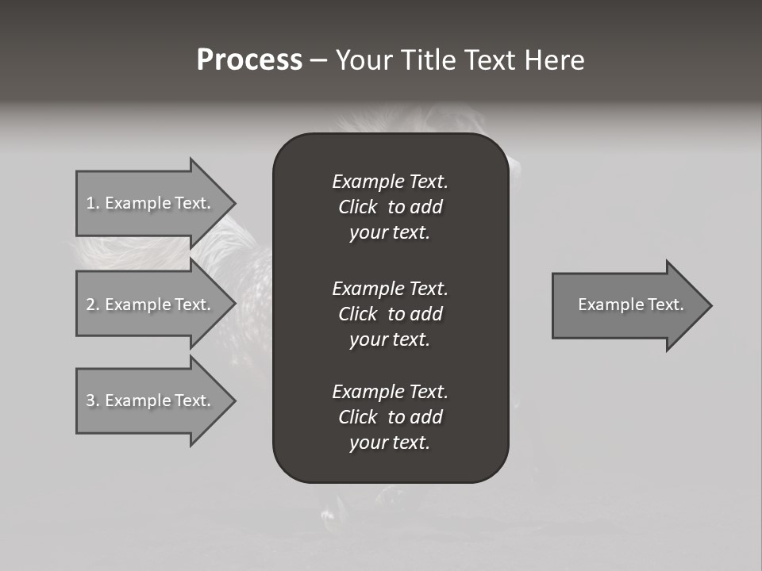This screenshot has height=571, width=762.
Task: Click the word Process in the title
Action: pyautogui.click(x=249, y=60)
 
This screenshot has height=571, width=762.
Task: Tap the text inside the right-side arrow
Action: pyautogui.click(x=630, y=305)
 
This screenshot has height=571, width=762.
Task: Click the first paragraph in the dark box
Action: pyautogui.click(x=390, y=207)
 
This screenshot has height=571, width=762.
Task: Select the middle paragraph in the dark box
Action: pyautogui.click(x=390, y=313)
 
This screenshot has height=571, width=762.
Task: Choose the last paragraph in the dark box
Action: pyautogui.click(x=390, y=417)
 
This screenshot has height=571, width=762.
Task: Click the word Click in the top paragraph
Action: pyautogui.click(x=358, y=207)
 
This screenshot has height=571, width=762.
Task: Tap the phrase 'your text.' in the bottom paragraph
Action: pyautogui.click(x=390, y=443)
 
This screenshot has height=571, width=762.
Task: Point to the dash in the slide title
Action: pyautogui.click(x=318, y=60)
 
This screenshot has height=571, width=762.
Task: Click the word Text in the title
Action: pyautogui.click(x=486, y=60)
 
